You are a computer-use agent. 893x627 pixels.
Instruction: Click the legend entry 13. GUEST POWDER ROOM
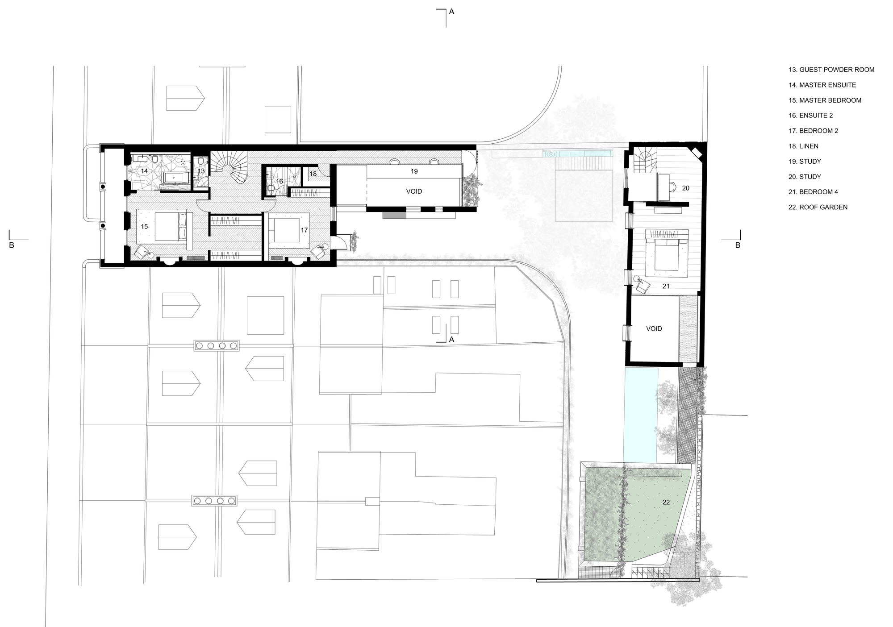coord(831,70)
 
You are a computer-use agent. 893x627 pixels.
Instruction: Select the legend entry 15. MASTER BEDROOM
coord(825,100)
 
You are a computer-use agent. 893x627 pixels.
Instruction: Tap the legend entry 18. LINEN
coord(803,146)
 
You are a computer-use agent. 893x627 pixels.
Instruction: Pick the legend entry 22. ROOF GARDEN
coord(818,207)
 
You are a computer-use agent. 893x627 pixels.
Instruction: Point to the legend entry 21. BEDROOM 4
coord(813,192)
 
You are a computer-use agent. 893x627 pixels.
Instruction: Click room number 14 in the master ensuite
coord(144,171)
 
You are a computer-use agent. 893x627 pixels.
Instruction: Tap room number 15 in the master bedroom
coord(144,227)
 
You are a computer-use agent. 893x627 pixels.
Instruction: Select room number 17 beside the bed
coord(304,230)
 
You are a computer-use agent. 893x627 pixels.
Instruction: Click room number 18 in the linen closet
coord(313,174)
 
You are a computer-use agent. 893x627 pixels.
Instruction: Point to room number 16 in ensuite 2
coord(280,182)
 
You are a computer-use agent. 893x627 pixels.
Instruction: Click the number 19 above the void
coord(414,171)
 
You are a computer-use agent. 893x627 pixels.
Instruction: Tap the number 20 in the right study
coord(685,188)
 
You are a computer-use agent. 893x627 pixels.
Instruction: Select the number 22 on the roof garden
coord(666,502)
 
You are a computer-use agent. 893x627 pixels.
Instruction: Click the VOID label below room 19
coord(414,191)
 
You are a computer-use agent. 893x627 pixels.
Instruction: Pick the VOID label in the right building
coord(654,329)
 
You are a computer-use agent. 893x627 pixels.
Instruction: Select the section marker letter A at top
coord(451,12)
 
